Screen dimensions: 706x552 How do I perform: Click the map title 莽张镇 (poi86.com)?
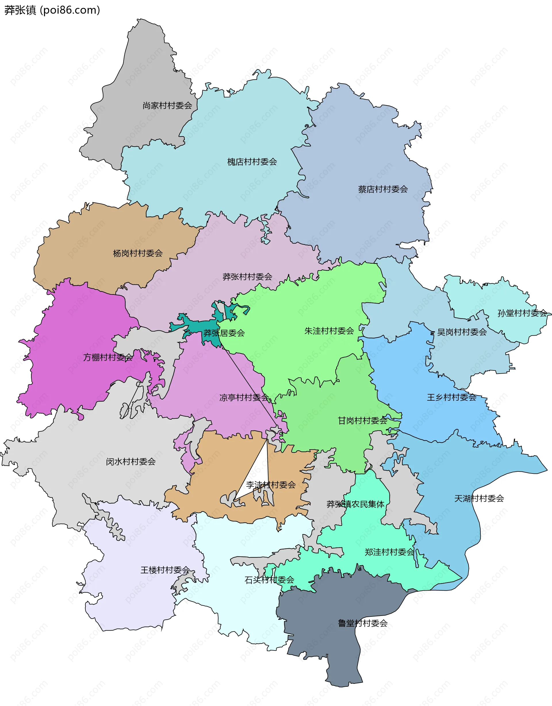pos(52,10)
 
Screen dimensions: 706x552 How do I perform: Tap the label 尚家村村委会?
pos(167,105)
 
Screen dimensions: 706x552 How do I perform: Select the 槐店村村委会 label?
pos(252,162)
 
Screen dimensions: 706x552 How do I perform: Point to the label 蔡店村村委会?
pos(383,189)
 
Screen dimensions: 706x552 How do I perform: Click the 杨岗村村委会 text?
pos(138,253)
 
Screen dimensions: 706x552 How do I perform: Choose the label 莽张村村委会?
pos(247,277)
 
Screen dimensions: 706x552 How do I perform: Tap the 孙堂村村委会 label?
pos(522,313)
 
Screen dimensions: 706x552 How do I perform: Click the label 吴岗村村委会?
pos(461,332)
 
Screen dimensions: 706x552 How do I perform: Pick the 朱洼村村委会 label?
pos(329,331)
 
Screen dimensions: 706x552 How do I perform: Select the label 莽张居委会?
pos(224,333)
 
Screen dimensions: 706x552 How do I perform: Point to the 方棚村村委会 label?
pos(108,357)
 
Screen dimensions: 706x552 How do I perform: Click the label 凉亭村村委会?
pos(244,397)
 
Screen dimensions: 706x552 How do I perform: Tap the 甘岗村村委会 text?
pos(362,420)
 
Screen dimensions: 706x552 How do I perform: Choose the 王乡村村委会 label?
pos(451,397)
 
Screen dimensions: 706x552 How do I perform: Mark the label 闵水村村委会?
pos(131,462)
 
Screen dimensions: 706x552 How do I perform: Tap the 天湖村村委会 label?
pos(479,498)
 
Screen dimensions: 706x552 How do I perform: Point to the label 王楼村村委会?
pos(165,570)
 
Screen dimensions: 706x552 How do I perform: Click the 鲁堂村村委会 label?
pos(363,623)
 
